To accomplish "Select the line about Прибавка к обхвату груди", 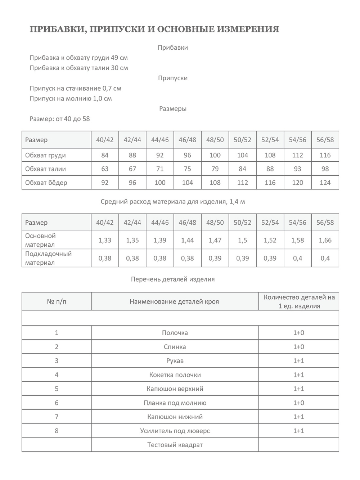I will [78, 58].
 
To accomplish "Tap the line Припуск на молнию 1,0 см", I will [71, 99].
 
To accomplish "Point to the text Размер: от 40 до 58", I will [60, 119].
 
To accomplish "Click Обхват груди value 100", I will [215, 156].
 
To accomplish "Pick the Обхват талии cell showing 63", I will [105, 169].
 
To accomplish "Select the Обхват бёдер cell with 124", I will [325, 183].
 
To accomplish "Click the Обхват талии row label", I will [45, 169].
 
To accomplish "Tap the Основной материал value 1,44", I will [187, 241].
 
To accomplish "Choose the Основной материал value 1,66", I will [325, 241].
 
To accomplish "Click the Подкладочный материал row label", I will [48, 258].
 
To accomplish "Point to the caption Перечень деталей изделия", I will [173, 279].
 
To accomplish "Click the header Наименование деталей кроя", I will [174, 302].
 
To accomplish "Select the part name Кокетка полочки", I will [175, 375].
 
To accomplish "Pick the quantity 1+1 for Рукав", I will [298, 361].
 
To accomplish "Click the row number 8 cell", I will [57, 431].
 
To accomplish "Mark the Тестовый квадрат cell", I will [175, 445].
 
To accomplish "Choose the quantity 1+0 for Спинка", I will [298, 347].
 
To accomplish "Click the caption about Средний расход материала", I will [173, 202].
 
